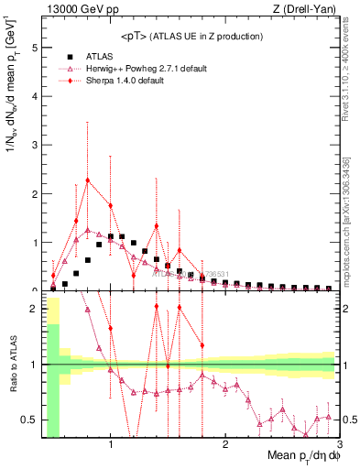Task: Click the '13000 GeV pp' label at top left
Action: click(75, 9)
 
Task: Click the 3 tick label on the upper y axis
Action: click(33, 145)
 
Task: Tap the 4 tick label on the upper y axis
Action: click(33, 96)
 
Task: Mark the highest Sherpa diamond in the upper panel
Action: click(88, 180)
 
